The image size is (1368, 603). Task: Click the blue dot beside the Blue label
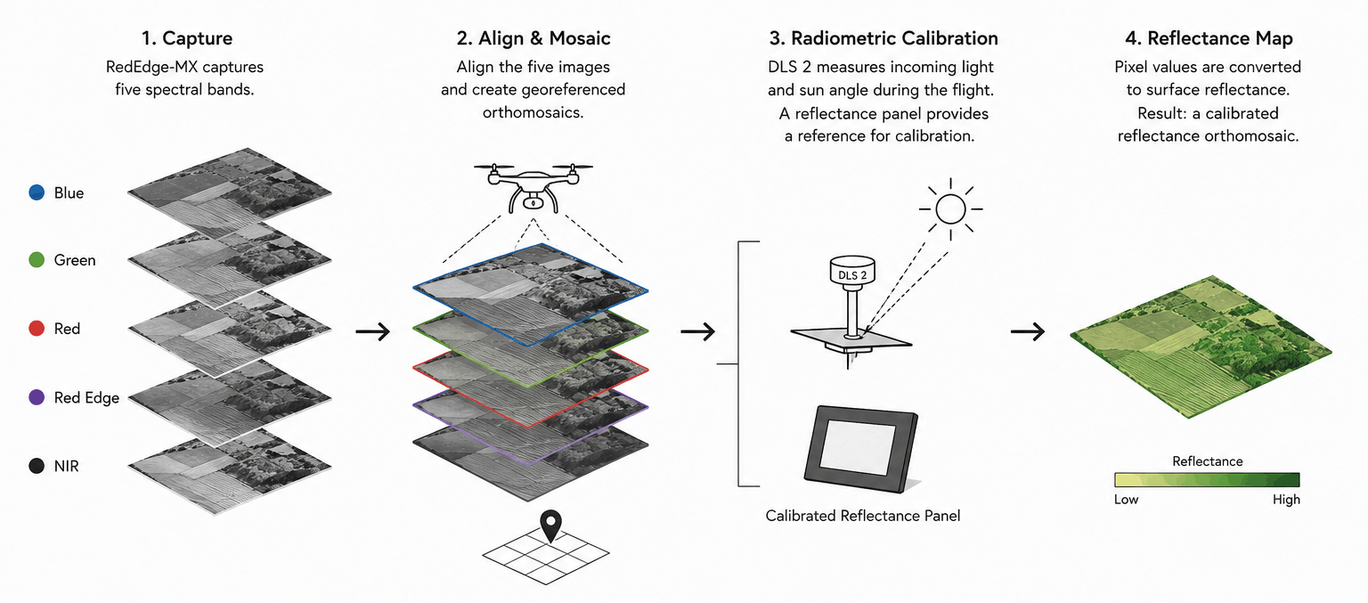coord(37,192)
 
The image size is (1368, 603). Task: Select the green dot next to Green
coord(37,260)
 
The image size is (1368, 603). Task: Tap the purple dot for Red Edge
coord(37,397)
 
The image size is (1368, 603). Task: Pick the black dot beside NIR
coord(37,466)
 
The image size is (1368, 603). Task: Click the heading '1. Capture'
coord(187,38)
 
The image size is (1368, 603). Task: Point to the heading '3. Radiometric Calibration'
coord(883,38)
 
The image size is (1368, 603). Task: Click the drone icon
coord(533,186)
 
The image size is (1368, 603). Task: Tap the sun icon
coord(950,209)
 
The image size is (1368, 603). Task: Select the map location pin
coord(551,526)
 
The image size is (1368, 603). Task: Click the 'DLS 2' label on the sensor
coord(852,275)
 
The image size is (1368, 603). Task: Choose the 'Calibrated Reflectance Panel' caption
coord(862,516)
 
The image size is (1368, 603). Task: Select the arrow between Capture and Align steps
coord(372,331)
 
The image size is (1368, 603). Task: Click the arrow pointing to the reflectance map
coord(1028,331)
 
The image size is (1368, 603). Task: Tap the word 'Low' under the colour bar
coord(1126,499)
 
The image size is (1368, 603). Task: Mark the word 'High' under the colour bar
coord(1286,499)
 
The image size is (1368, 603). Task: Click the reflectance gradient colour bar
coord(1207,479)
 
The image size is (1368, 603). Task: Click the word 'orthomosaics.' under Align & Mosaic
coord(533,112)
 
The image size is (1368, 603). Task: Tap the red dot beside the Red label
coord(37,328)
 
